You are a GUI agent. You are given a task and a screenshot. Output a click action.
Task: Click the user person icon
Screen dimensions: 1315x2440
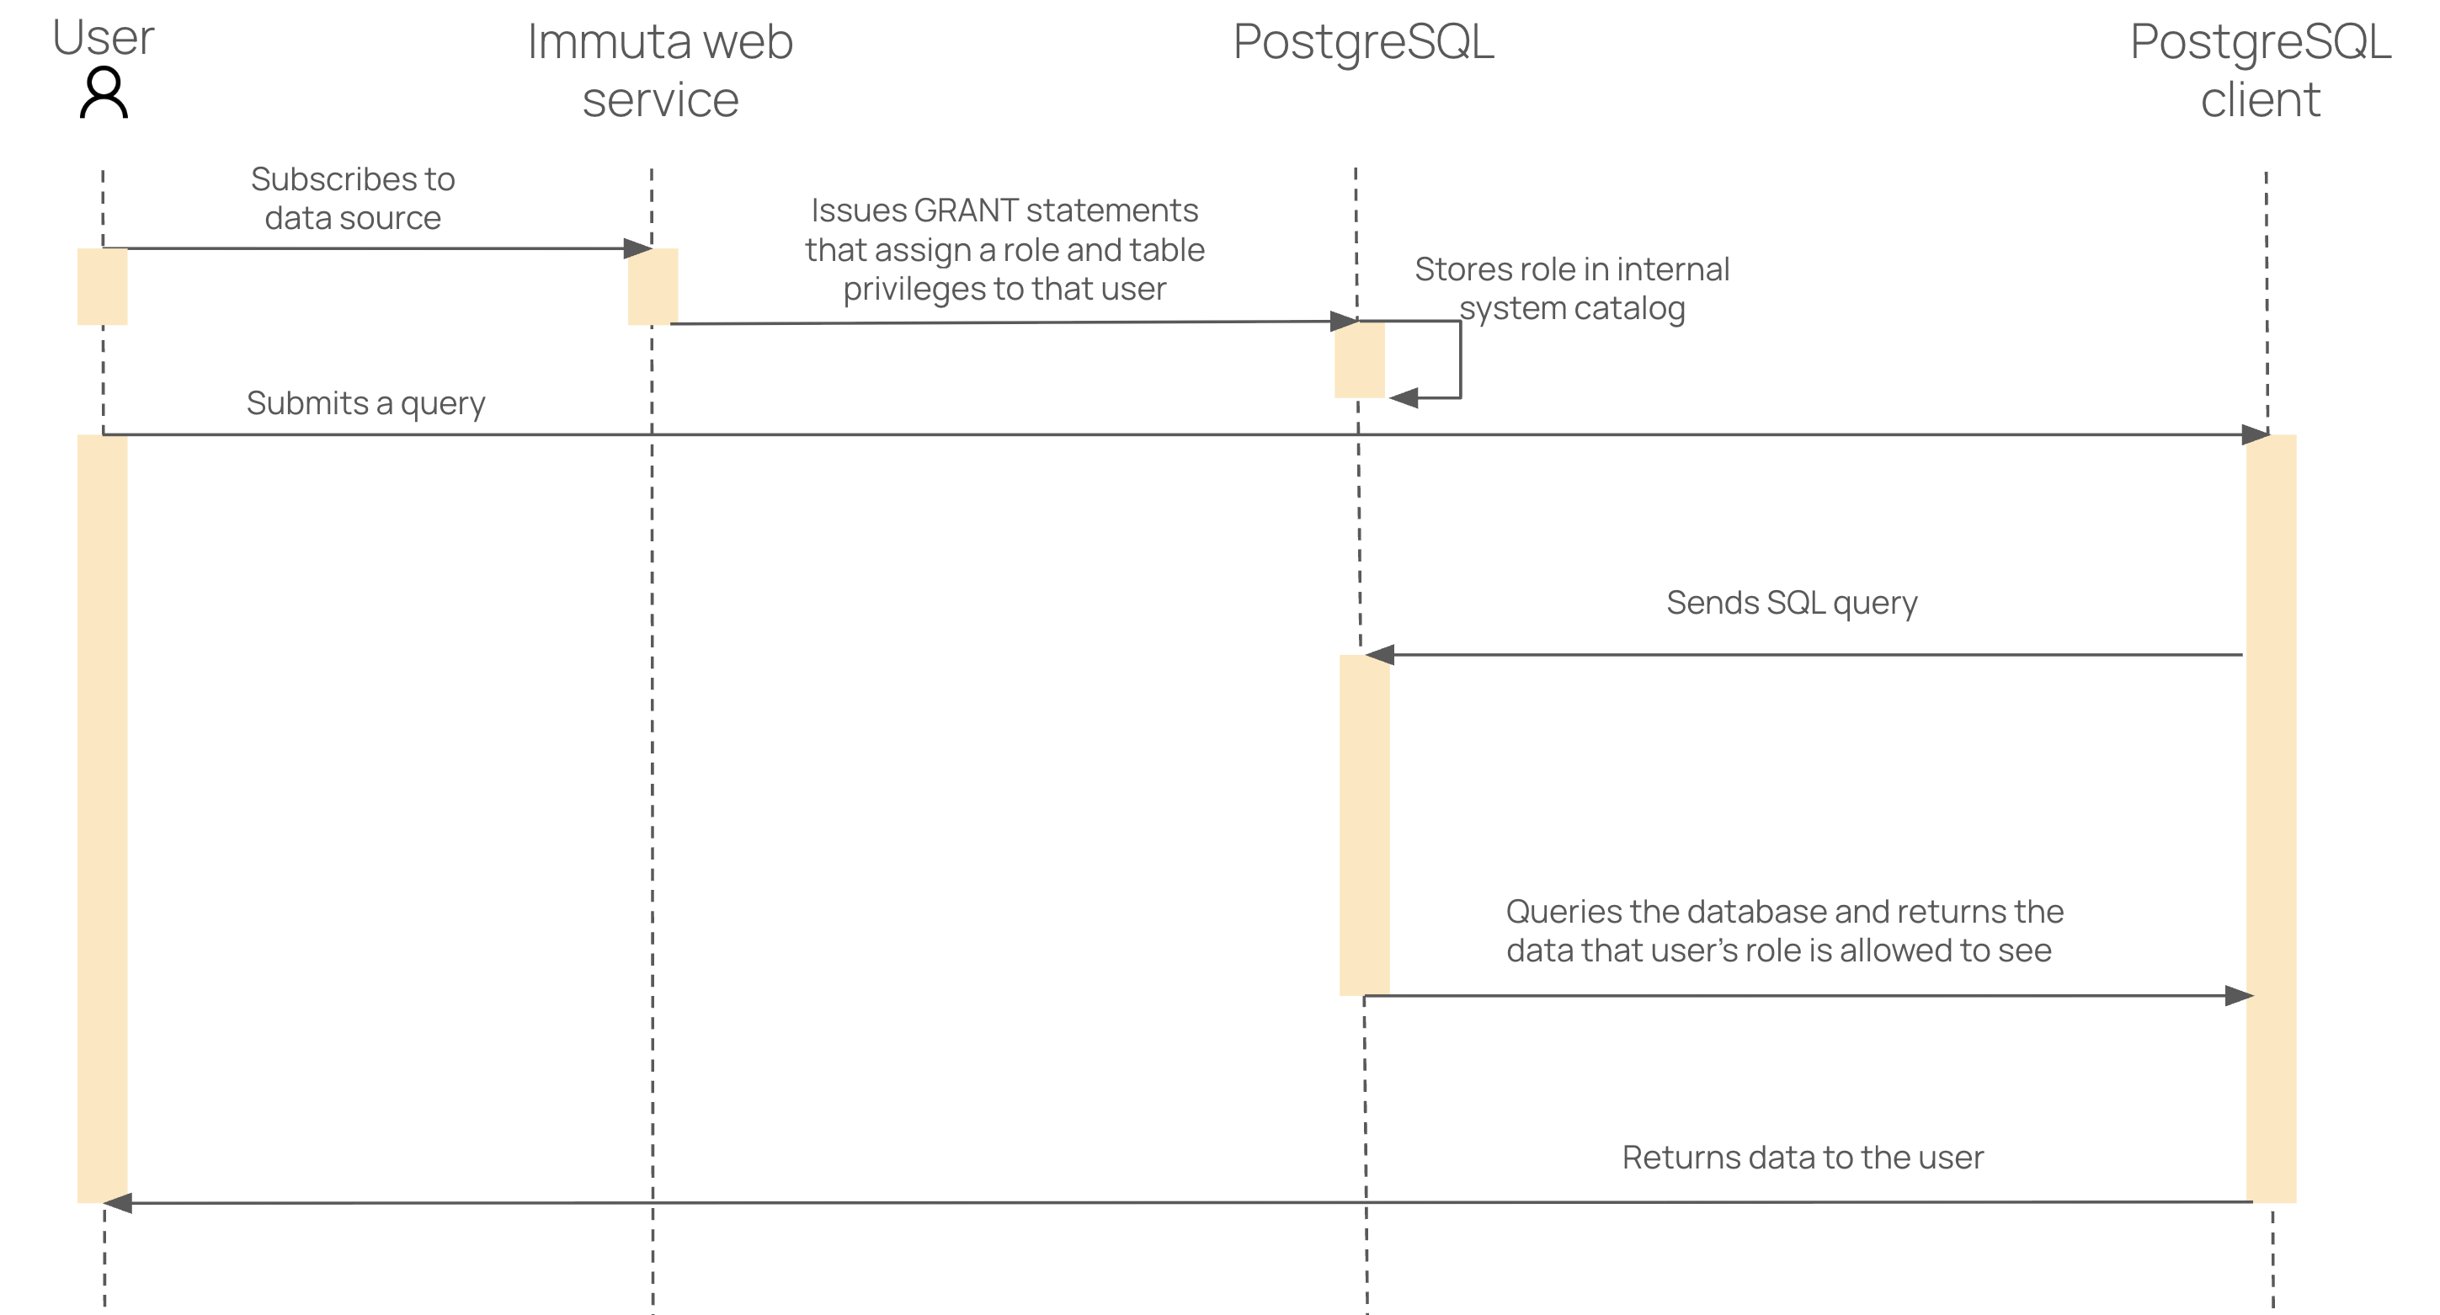pyautogui.click(x=104, y=93)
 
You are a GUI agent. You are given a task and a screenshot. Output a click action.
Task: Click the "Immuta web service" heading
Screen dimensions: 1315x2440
pyautogui.click(x=660, y=71)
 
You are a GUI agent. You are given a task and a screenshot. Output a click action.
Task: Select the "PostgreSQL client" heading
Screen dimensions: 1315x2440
pyautogui.click(x=2260, y=71)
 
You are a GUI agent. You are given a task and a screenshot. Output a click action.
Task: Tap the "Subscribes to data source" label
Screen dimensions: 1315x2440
pyautogui.click(x=352, y=198)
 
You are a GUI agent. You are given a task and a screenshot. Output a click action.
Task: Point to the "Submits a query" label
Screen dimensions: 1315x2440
pyautogui.click(x=365, y=402)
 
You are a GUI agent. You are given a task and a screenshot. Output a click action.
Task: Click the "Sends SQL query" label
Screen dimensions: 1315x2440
pyautogui.click(x=1791, y=603)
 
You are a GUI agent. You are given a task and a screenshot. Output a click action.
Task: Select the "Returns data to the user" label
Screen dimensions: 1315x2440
pyautogui.click(x=1803, y=1157)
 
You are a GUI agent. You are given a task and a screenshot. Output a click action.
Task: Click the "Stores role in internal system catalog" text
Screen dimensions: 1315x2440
pyautogui.click(x=1571, y=288)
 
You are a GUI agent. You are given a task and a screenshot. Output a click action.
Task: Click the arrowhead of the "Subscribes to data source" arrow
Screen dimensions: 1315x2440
pyautogui.click(x=638, y=249)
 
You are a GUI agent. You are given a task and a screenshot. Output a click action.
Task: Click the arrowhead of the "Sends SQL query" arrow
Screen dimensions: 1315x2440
pyautogui.click(x=1379, y=655)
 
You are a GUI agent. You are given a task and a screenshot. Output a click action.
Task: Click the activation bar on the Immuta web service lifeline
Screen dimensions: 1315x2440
pyautogui.click(x=653, y=286)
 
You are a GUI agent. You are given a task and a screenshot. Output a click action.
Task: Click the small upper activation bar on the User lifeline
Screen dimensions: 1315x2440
pyautogui.click(x=103, y=286)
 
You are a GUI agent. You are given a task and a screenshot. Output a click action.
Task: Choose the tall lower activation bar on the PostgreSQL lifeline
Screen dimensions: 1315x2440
pyautogui.click(x=1364, y=824)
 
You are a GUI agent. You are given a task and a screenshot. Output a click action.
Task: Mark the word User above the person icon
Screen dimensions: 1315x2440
pyautogui.click(x=104, y=38)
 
